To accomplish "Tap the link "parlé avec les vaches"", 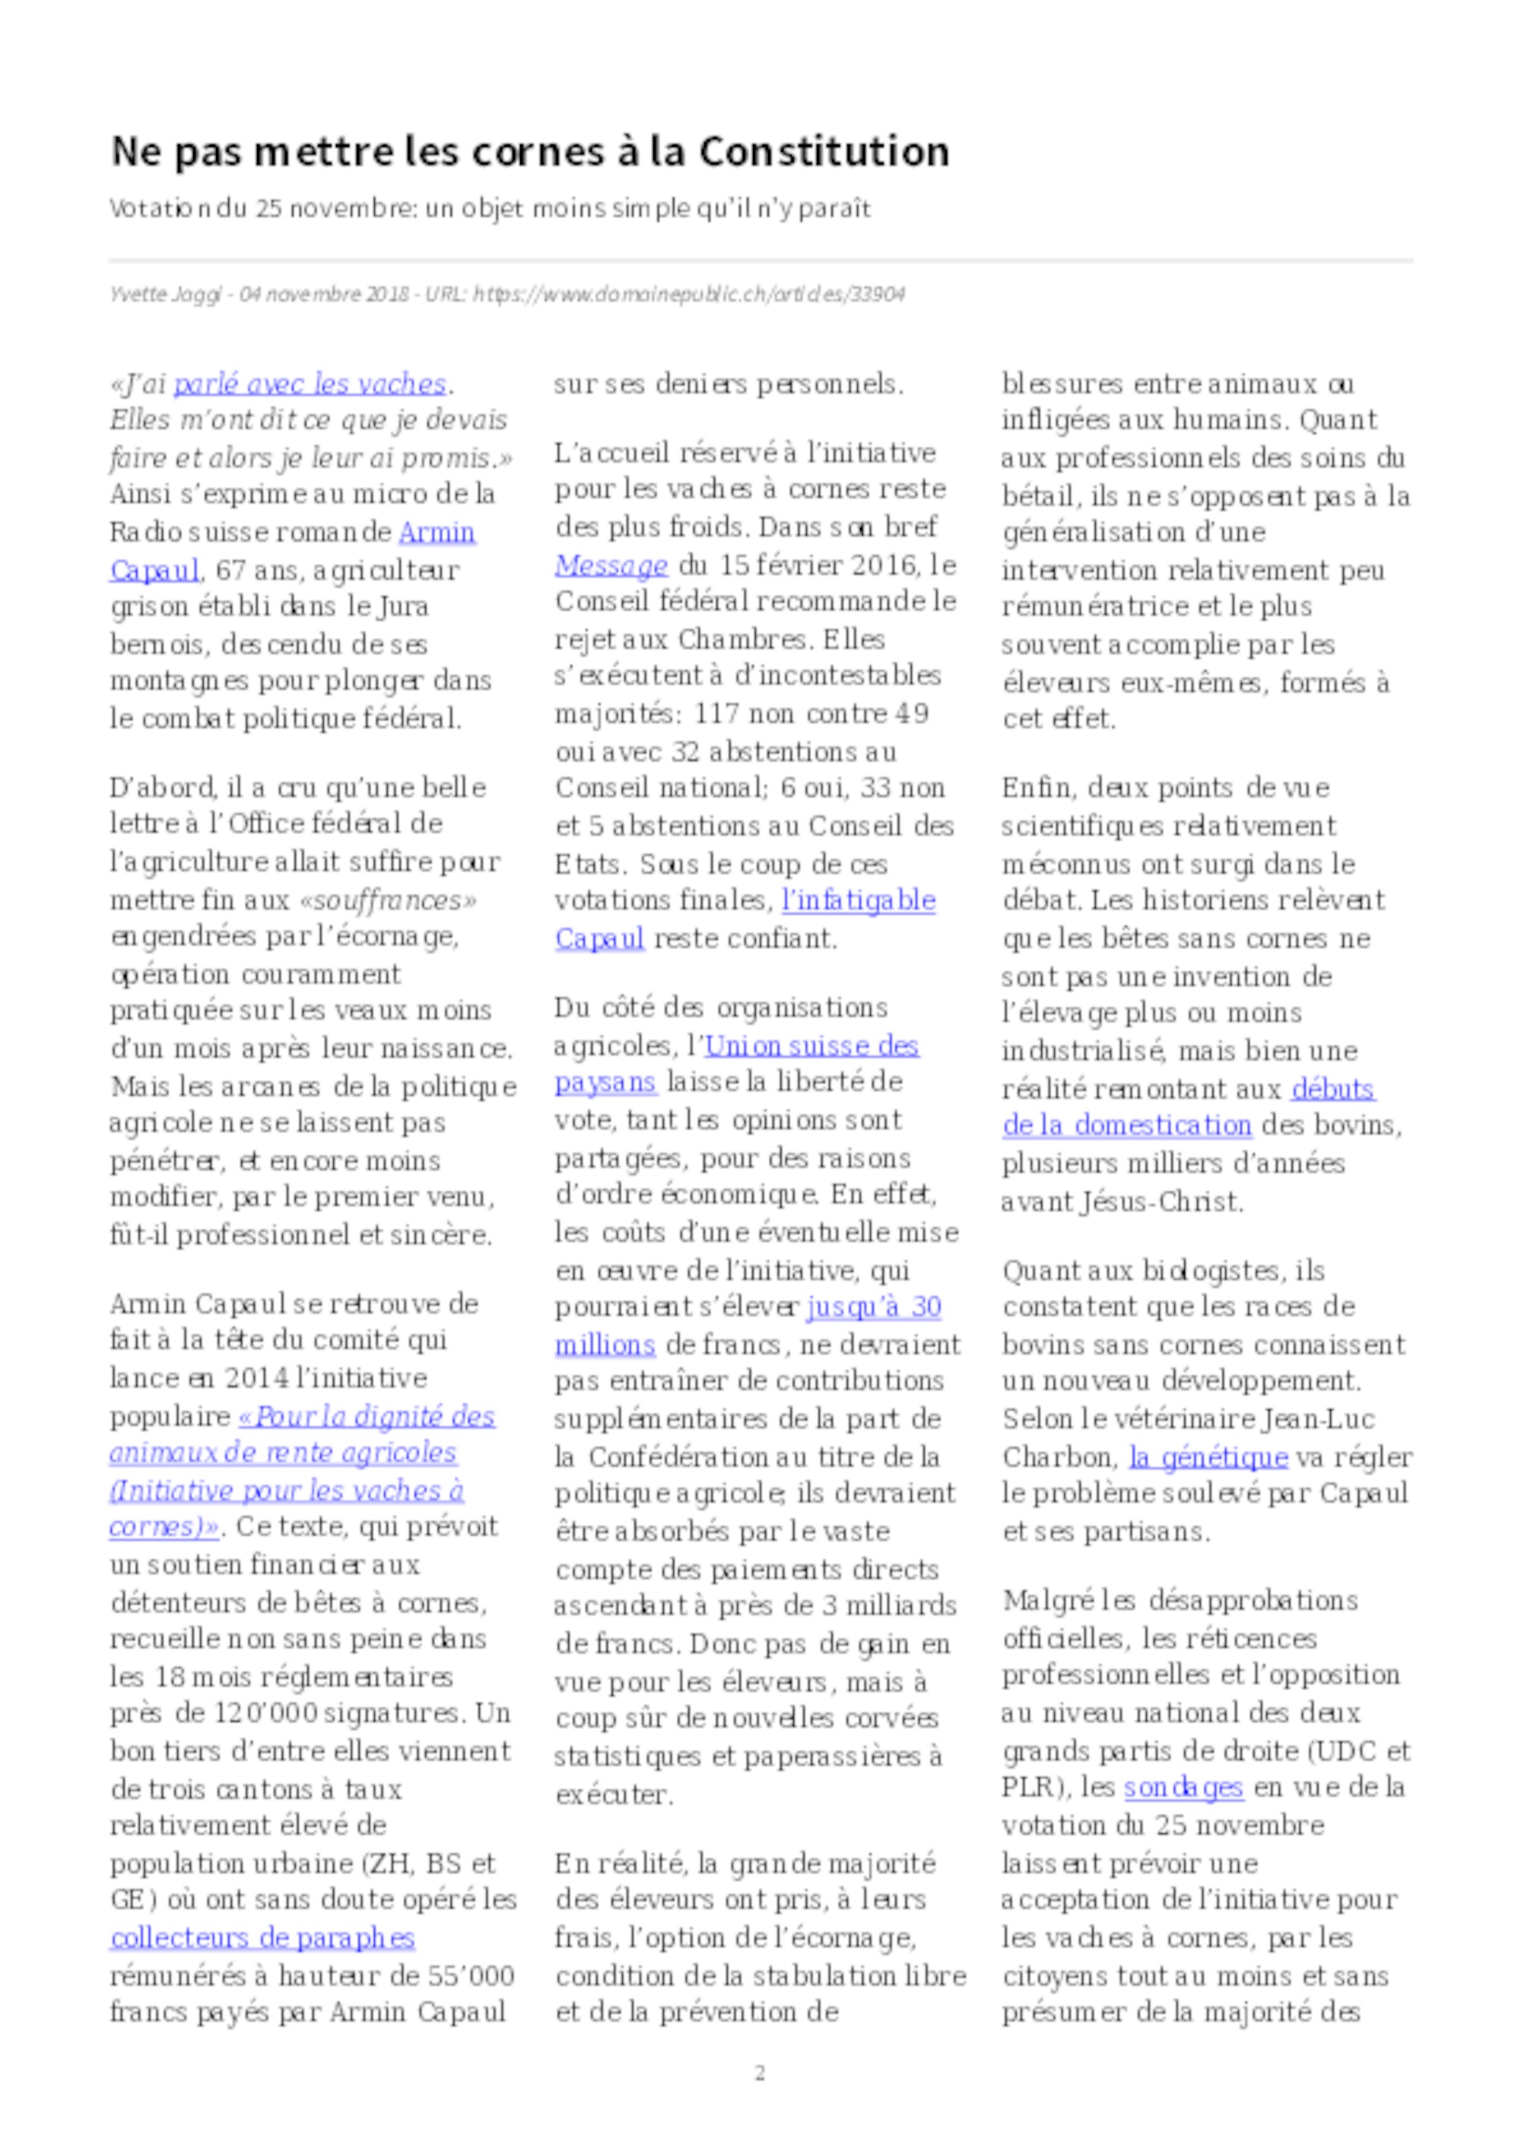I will (310, 383).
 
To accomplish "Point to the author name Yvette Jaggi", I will (165, 294).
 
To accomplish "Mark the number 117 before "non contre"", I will (715, 713).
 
